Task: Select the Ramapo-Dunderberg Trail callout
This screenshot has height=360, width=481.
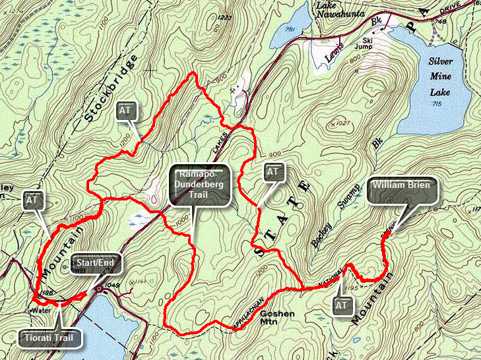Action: point(199,185)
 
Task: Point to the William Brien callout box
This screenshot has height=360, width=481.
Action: point(403,191)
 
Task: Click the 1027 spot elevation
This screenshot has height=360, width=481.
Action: point(342,123)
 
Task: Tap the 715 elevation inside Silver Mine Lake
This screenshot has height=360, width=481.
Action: point(435,105)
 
